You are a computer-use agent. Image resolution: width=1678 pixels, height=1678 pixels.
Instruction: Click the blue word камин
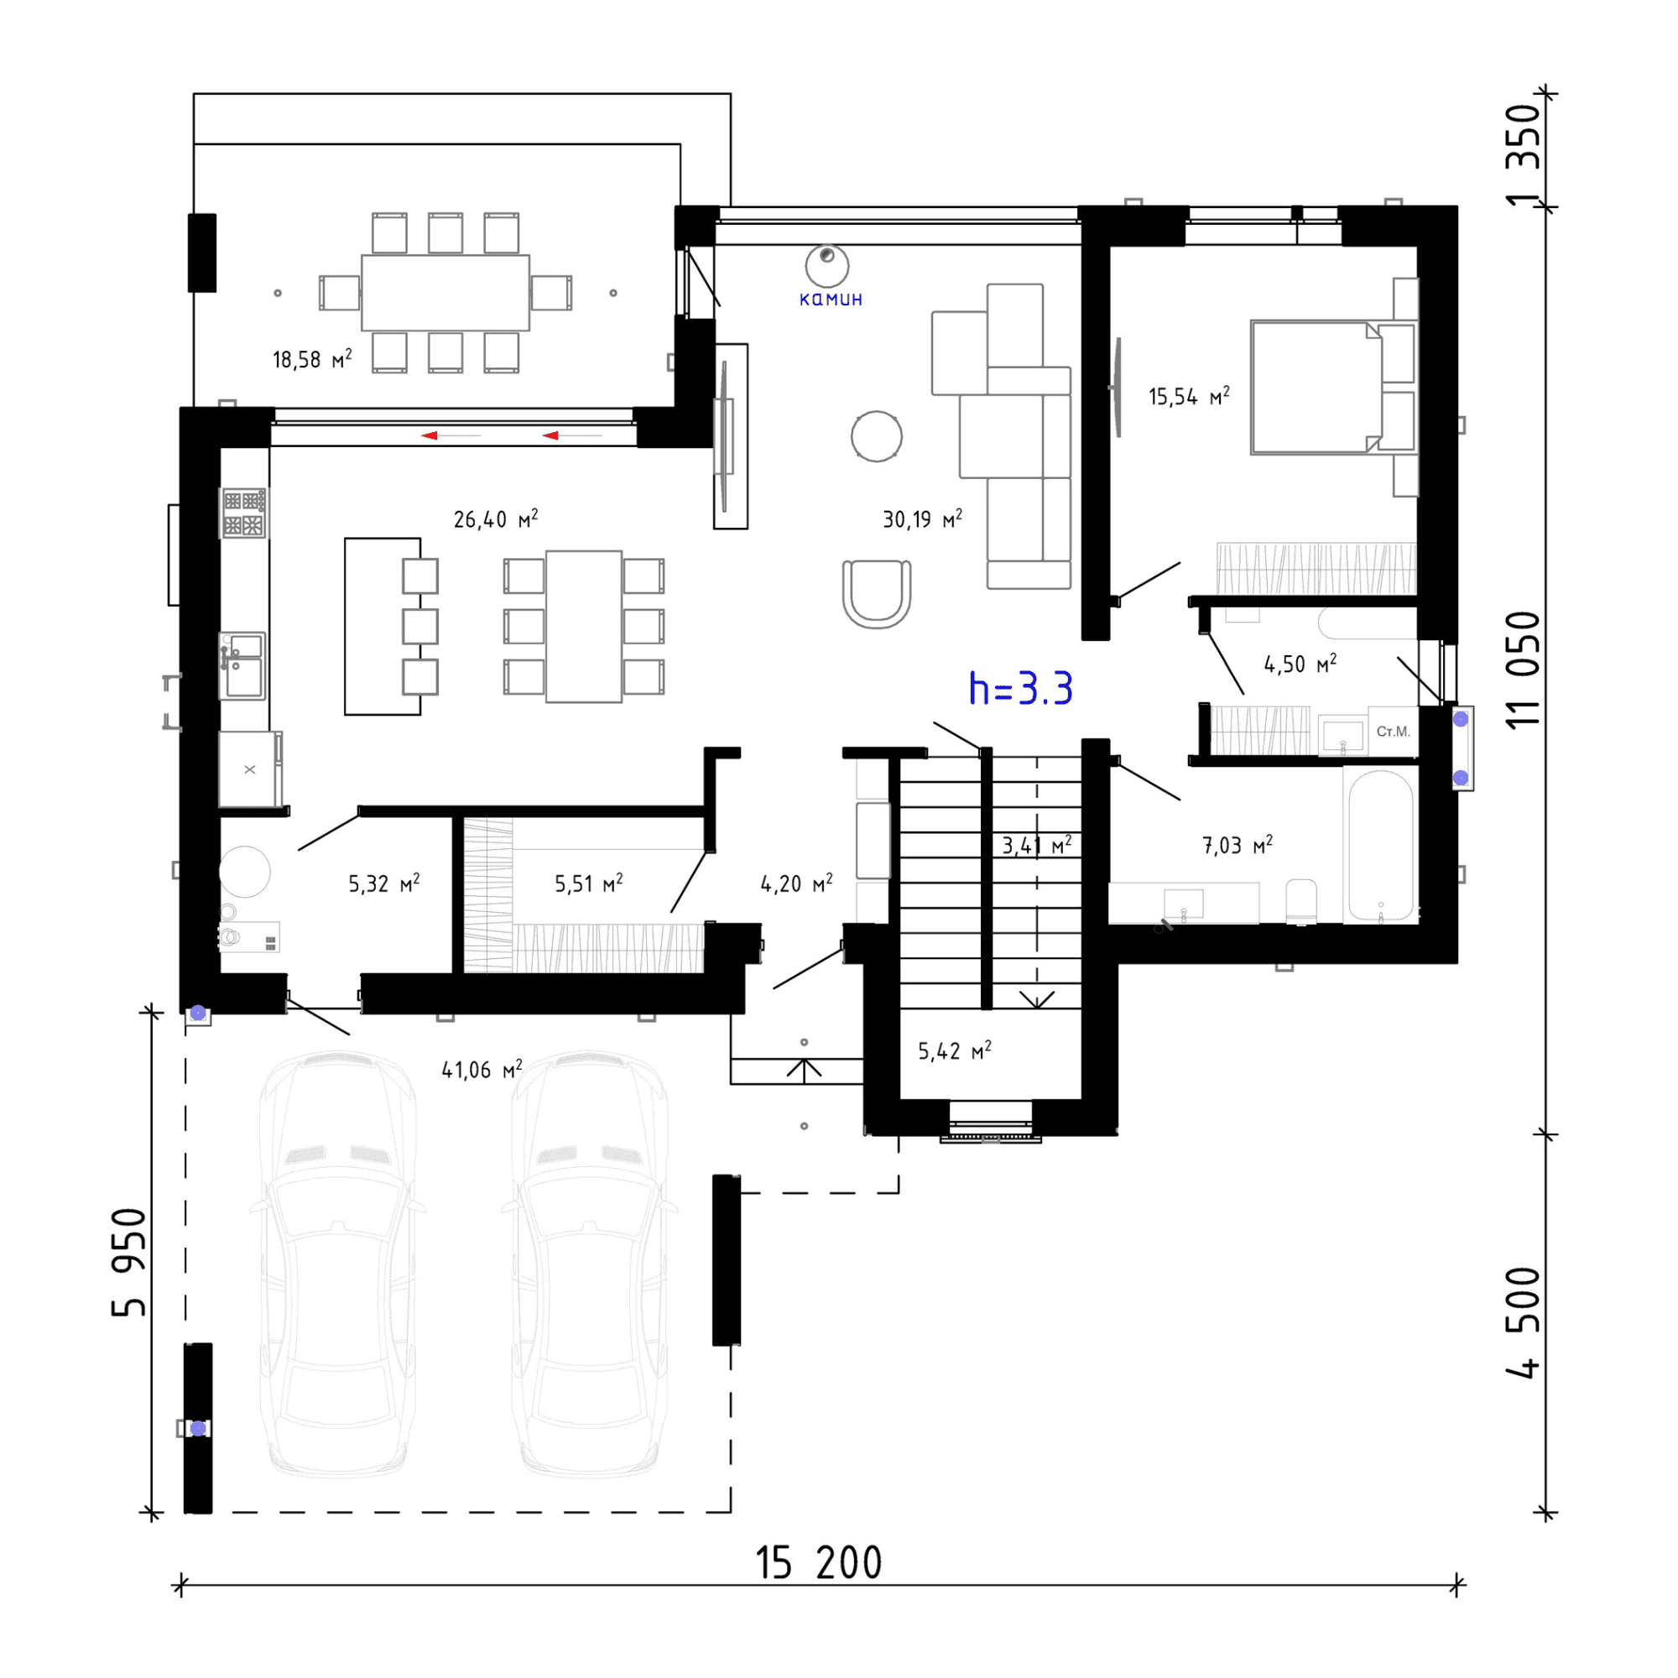pos(831,300)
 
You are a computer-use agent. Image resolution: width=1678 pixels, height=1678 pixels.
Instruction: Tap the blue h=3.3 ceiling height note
pos(1020,689)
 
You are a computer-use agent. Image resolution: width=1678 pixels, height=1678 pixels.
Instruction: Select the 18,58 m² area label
pos(312,359)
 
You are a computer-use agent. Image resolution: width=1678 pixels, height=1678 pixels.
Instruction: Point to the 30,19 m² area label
pos(922,519)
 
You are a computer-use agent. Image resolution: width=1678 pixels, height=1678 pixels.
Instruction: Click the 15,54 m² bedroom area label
pos(1189,397)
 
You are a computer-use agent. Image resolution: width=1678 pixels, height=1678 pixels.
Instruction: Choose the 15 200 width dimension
pos(818,1563)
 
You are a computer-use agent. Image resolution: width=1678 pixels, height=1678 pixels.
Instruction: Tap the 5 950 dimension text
pos(129,1262)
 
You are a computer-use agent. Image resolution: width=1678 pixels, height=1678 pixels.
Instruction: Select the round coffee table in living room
pos(877,436)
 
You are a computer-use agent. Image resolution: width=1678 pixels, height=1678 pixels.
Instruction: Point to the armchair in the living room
pos(878,594)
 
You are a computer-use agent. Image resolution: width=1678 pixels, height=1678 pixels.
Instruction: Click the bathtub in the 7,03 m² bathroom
pos(1381,845)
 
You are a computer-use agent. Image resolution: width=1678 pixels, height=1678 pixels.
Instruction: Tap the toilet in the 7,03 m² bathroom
pos(1301,902)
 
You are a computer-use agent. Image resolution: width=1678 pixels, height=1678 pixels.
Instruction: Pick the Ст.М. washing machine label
pos(1393,732)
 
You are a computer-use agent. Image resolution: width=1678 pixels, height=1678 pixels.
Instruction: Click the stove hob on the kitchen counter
pos(244,513)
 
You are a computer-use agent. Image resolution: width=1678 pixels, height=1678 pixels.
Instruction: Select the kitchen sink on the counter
pos(242,665)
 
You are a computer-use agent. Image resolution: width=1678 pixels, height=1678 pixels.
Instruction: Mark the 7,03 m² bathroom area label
pos(1238,845)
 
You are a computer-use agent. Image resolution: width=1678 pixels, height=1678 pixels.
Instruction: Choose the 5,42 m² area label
pos(955,1051)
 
